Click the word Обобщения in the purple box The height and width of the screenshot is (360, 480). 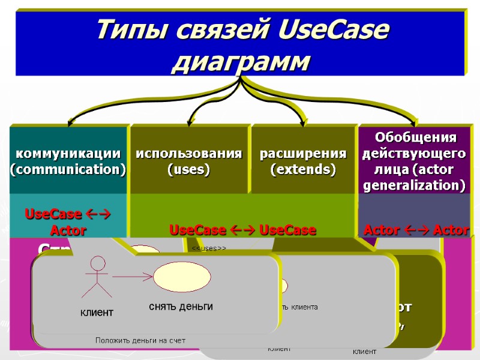(x=415, y=137)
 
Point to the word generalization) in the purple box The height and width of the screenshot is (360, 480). (x=415, y=186)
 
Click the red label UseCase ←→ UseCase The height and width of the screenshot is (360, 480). (x=243, y=230)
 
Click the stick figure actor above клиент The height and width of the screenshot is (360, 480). (x=97, y=277)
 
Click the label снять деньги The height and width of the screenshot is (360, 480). (x=181, y=307)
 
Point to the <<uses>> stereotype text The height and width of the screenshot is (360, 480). (x=208, y=248)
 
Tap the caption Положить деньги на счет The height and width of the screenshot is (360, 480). (x=140, y=340)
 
